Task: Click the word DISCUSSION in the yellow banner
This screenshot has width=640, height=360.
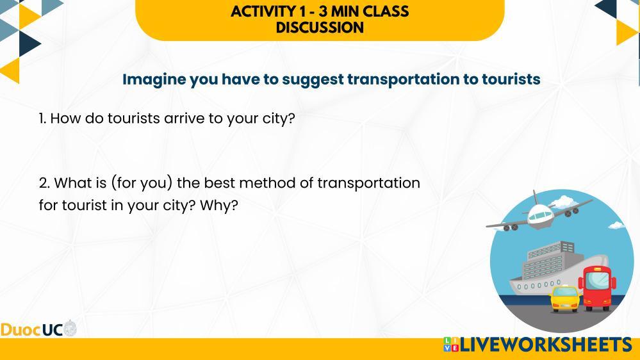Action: click(320, 28)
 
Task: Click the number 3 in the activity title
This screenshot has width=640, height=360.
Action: click(323, 12)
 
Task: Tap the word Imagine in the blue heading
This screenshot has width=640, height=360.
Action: click(154, 79)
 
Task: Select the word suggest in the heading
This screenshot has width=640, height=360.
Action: click(313, 79)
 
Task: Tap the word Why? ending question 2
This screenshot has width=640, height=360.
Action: click(218, 206)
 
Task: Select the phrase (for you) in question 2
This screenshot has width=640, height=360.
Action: click(142, 183)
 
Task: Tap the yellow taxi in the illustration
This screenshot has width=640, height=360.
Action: click(565, 299)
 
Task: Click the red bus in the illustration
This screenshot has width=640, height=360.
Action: click(596, 288)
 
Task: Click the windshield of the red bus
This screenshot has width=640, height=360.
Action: click(598, 281)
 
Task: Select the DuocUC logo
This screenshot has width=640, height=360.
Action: click(38, 329)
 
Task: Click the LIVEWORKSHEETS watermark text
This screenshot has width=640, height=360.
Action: click(546, 345)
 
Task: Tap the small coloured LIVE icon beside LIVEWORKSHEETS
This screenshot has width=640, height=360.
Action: click(451, 345)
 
